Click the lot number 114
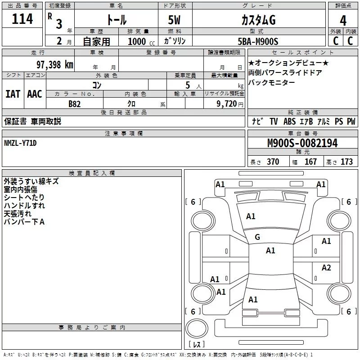point(22,19)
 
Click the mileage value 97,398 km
point(55,65)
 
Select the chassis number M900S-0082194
point(302,143)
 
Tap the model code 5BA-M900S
point(258,41)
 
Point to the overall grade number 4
point(343,21)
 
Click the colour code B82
point(75,104)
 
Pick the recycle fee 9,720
point(227,104)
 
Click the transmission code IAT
point(13,94)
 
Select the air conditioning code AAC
point(35,94)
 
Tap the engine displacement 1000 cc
point(141,41)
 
